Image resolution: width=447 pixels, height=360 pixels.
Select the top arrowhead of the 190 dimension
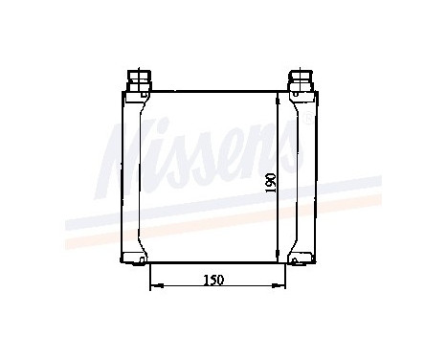pyautogui.click(x=279, y=96)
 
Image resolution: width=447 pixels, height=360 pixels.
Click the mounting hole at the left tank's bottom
pyautogui.click(x=143, y=257)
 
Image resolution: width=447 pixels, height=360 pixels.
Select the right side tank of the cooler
pyautogui.click(x=304, y=177)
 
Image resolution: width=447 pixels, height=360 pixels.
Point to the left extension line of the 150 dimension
pyautogui.click(x=150, y=276)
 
